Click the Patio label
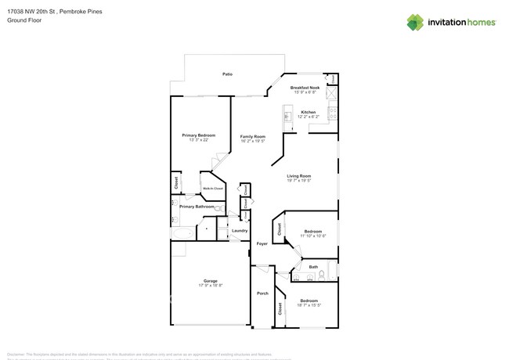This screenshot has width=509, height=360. (227, 74)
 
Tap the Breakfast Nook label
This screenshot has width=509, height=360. (304, 88)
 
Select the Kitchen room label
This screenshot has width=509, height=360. (308, 113)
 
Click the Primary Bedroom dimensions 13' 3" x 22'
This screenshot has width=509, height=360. (198, 140)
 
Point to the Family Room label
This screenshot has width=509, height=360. (252, 136)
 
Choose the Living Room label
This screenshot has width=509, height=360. (299, 176)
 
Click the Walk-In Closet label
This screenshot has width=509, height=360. (213, 189)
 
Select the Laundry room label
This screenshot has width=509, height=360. (240, 230)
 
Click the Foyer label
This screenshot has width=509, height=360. (262, 243)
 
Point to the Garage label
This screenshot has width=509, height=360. (210, 281)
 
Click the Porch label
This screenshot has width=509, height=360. (262, 293)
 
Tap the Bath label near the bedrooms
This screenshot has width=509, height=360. (313, 267)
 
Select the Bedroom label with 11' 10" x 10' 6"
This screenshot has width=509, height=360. (313, 232)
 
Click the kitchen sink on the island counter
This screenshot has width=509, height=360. (287, 118)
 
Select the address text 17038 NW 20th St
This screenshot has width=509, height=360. (37, 13)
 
